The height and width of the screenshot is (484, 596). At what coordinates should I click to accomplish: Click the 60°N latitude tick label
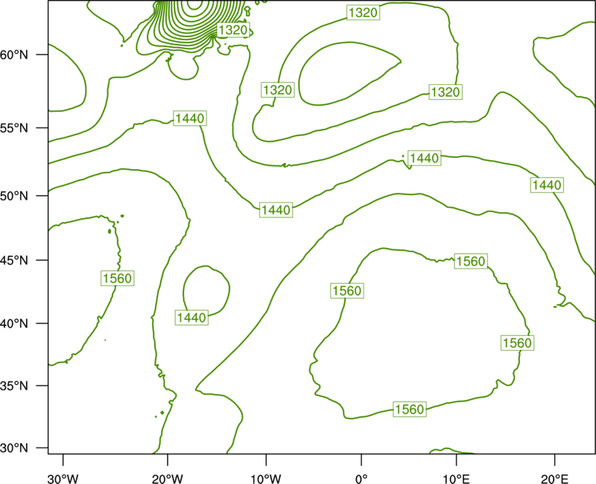pyautogui.click(x=14, y=54)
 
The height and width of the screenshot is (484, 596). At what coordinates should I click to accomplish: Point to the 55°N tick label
pyautogui.click(x=14, y=127)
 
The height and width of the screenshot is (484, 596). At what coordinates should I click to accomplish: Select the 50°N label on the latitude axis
pyautogui.click(x=14, y=196)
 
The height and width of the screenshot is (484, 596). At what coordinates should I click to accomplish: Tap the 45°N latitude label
pyautogui.click(x=14, y=260)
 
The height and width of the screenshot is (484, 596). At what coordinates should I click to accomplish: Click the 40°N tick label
pyautogui.click(x=14, y=324)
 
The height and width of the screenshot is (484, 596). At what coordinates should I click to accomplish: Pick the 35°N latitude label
pyautogui.click(x=14, y=386)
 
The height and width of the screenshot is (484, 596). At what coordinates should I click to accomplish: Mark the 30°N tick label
pyautogui.click(x=14, y=448)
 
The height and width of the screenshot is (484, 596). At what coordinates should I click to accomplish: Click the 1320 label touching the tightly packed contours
pyautogui.click(x=233, y=30)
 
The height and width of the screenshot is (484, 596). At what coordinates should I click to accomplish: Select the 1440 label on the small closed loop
pyautogui.click(x=191, y=317)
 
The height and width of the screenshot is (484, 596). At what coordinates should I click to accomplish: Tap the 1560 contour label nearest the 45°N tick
pyautogui.click(x=118, y=278)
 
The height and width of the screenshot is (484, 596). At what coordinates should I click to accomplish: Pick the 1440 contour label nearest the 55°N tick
pyautogui.click(x=190, y=118)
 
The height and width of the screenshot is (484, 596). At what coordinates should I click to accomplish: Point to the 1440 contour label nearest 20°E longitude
pyautogui.click(x=547, y=185)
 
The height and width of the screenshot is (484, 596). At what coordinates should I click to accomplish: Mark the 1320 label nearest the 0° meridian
pyautogui.click(x=364, y=13)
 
